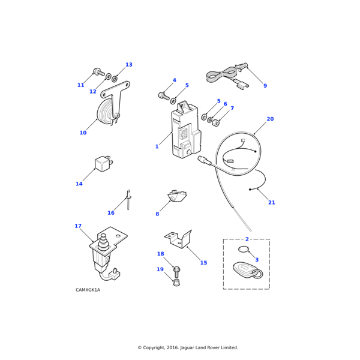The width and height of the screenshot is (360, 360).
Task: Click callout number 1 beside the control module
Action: [x=157, y=146]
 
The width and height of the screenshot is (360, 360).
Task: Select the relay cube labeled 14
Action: [x=103, y=163]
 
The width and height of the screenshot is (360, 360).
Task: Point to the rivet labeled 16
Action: [x=128, y=200]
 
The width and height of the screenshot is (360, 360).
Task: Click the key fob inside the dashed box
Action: [x=247, y=271]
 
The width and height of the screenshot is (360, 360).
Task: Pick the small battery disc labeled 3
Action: [x=244, y=249]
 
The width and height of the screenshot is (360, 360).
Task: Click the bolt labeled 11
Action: [x=99, y=72]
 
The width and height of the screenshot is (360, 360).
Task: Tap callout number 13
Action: [x=129, y=65]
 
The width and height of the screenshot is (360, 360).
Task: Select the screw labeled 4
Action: [x=164, y=96]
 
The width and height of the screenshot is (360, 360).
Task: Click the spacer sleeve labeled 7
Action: [x=216, y=123]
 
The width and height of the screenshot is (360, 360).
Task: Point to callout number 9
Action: [x=265, y=86]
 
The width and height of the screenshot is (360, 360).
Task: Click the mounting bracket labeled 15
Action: [x=178, y=240]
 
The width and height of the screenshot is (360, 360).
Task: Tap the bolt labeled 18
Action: [x=176, y=272]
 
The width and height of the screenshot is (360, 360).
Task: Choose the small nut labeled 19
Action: [x=176, y=283]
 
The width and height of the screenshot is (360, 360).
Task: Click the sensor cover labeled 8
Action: [x=177, y=196]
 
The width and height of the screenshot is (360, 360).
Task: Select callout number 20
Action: [x=270, y=119]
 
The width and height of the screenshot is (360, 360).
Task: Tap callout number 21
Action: [x=272, y=203]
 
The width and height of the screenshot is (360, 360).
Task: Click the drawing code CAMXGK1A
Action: [x=88, y=290]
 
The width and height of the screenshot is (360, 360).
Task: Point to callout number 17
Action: [x=78, y=226]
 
